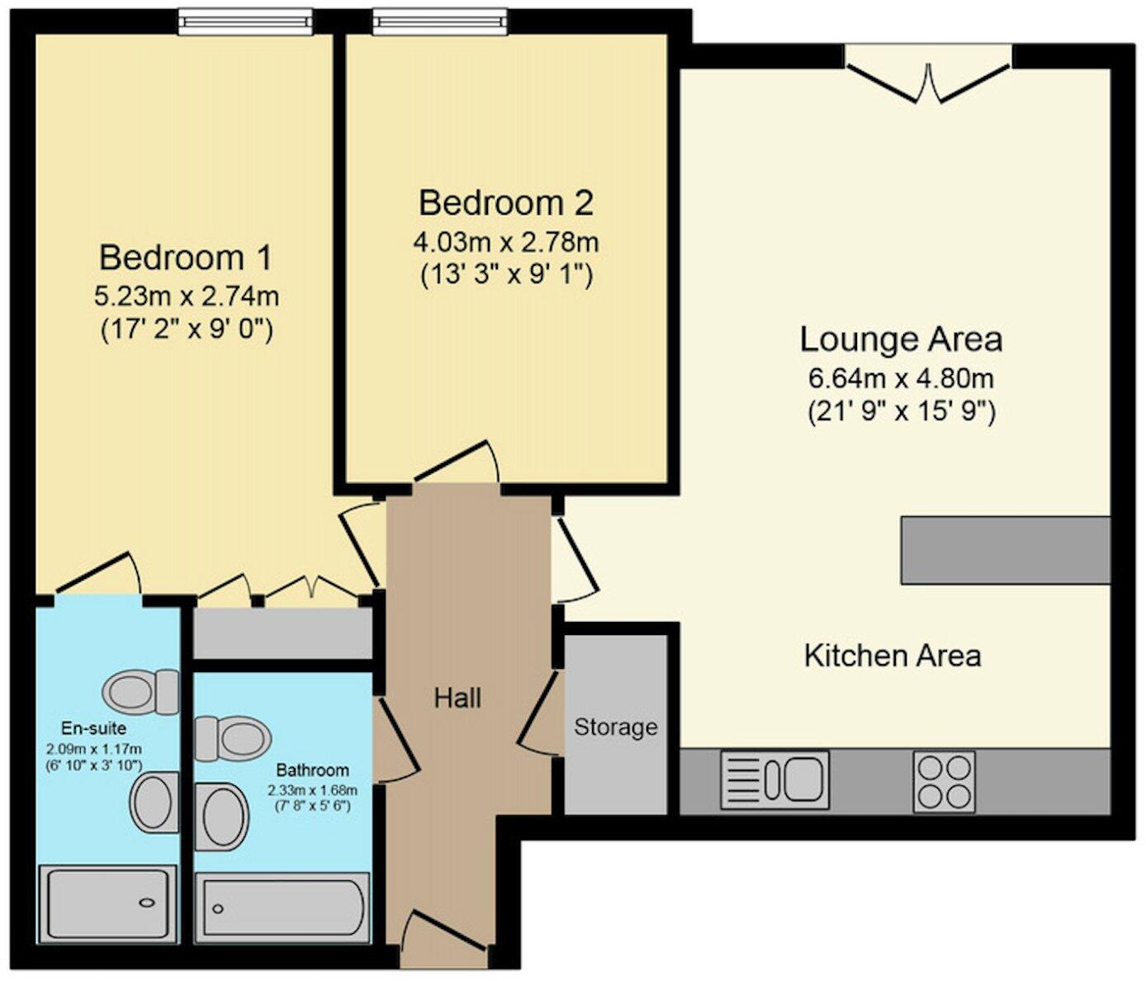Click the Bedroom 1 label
tap(185, 258)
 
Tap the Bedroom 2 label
tap(505, 202)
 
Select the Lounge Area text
tap(901, 339)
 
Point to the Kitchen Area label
tap(893, 656)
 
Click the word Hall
tap(457, 699)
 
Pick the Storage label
tap(616, 727)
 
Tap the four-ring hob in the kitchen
tap(944, 781)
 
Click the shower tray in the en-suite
tap(108, 903)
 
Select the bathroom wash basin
tap(221, 816)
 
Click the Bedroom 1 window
tap(246, 21)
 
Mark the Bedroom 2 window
tap(439, 21)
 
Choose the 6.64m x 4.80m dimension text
tap(901, 379)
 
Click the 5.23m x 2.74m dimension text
tap(187, 295)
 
